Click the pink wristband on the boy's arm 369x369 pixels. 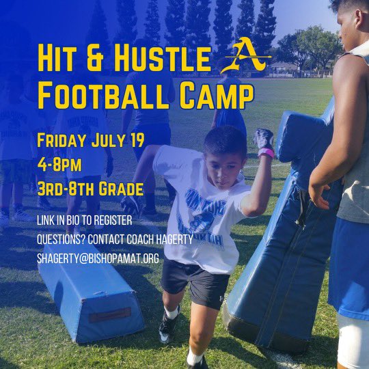pos(266,153)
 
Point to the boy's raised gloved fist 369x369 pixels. pos(264,139)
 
